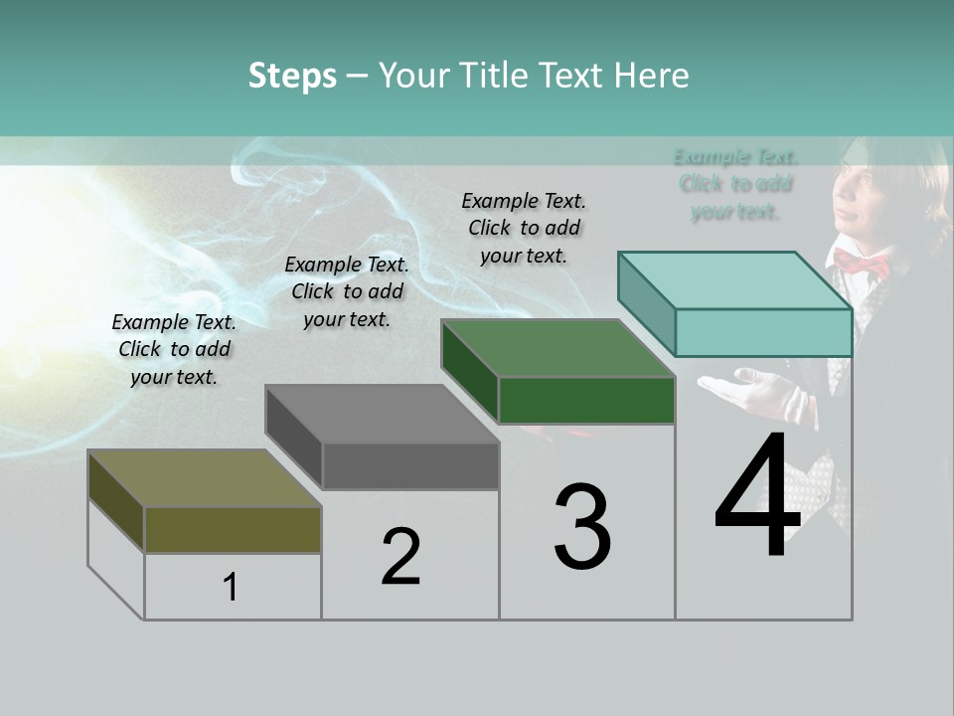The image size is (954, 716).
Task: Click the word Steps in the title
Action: [x=292, y=76]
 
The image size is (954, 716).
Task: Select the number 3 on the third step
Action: [x=582, y=527]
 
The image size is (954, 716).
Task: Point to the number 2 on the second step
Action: [x=400, y=557]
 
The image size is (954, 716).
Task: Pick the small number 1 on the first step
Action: [x=231, y=588]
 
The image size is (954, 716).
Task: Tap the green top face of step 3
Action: [x=557, y=348]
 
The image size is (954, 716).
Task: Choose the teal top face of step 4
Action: [x=734, y=279]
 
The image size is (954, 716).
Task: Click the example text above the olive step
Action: [x=174, y=349]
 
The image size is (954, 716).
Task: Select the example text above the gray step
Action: [x=347, y=291]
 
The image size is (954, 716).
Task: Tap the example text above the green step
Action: [x=524, y=228]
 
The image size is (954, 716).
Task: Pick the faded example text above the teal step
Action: [x=735, y=184]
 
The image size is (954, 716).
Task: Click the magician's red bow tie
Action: [x=861, y=265]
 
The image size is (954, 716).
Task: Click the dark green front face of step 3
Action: [x=586, y=401]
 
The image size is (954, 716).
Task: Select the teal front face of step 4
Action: [x=763, y=332]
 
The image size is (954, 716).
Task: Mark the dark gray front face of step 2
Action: [x=410, y=465]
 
